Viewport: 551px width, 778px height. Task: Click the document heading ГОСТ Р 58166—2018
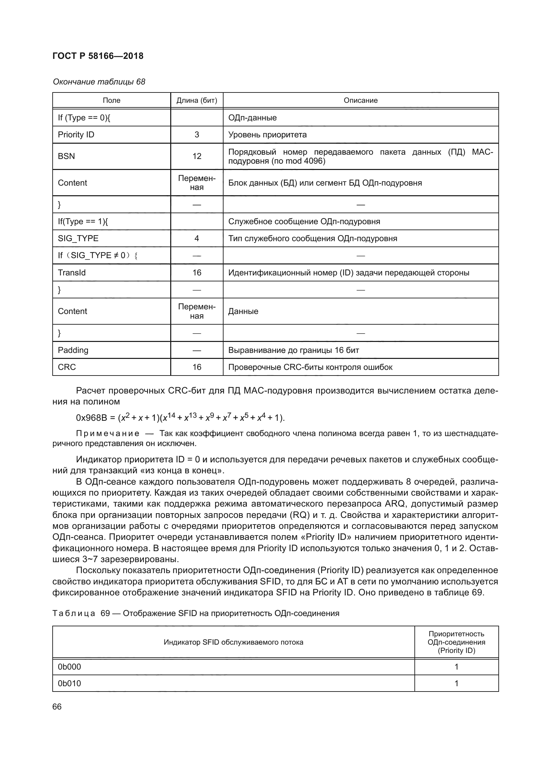pos(98,56)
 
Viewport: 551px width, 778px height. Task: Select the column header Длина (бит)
pos(197,100)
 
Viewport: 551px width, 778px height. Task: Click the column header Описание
pos(360,100)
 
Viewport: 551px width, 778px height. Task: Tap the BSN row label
pos(67,156)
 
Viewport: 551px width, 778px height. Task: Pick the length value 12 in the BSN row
pos(197,156)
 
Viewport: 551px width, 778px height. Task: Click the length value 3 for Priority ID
pos(197,135)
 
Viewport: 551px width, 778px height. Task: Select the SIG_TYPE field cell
pos(78,238)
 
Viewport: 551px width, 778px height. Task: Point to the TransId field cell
pos(72,273)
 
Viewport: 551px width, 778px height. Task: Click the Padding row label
pos(73,350)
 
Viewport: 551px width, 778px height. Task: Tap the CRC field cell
pos(67,367)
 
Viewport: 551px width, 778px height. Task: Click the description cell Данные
pos(243,311)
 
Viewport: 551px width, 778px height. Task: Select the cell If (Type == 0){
pos(84,118)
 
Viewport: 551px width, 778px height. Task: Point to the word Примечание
pos(108,434)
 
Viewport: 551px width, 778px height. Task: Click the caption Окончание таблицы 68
pos(99,82)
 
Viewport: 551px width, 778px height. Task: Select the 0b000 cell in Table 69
pos(70,667)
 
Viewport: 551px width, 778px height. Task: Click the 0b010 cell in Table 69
pos(70,684)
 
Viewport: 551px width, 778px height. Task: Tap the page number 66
pos(57,707)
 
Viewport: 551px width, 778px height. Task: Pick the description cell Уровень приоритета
pos(268,135)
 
